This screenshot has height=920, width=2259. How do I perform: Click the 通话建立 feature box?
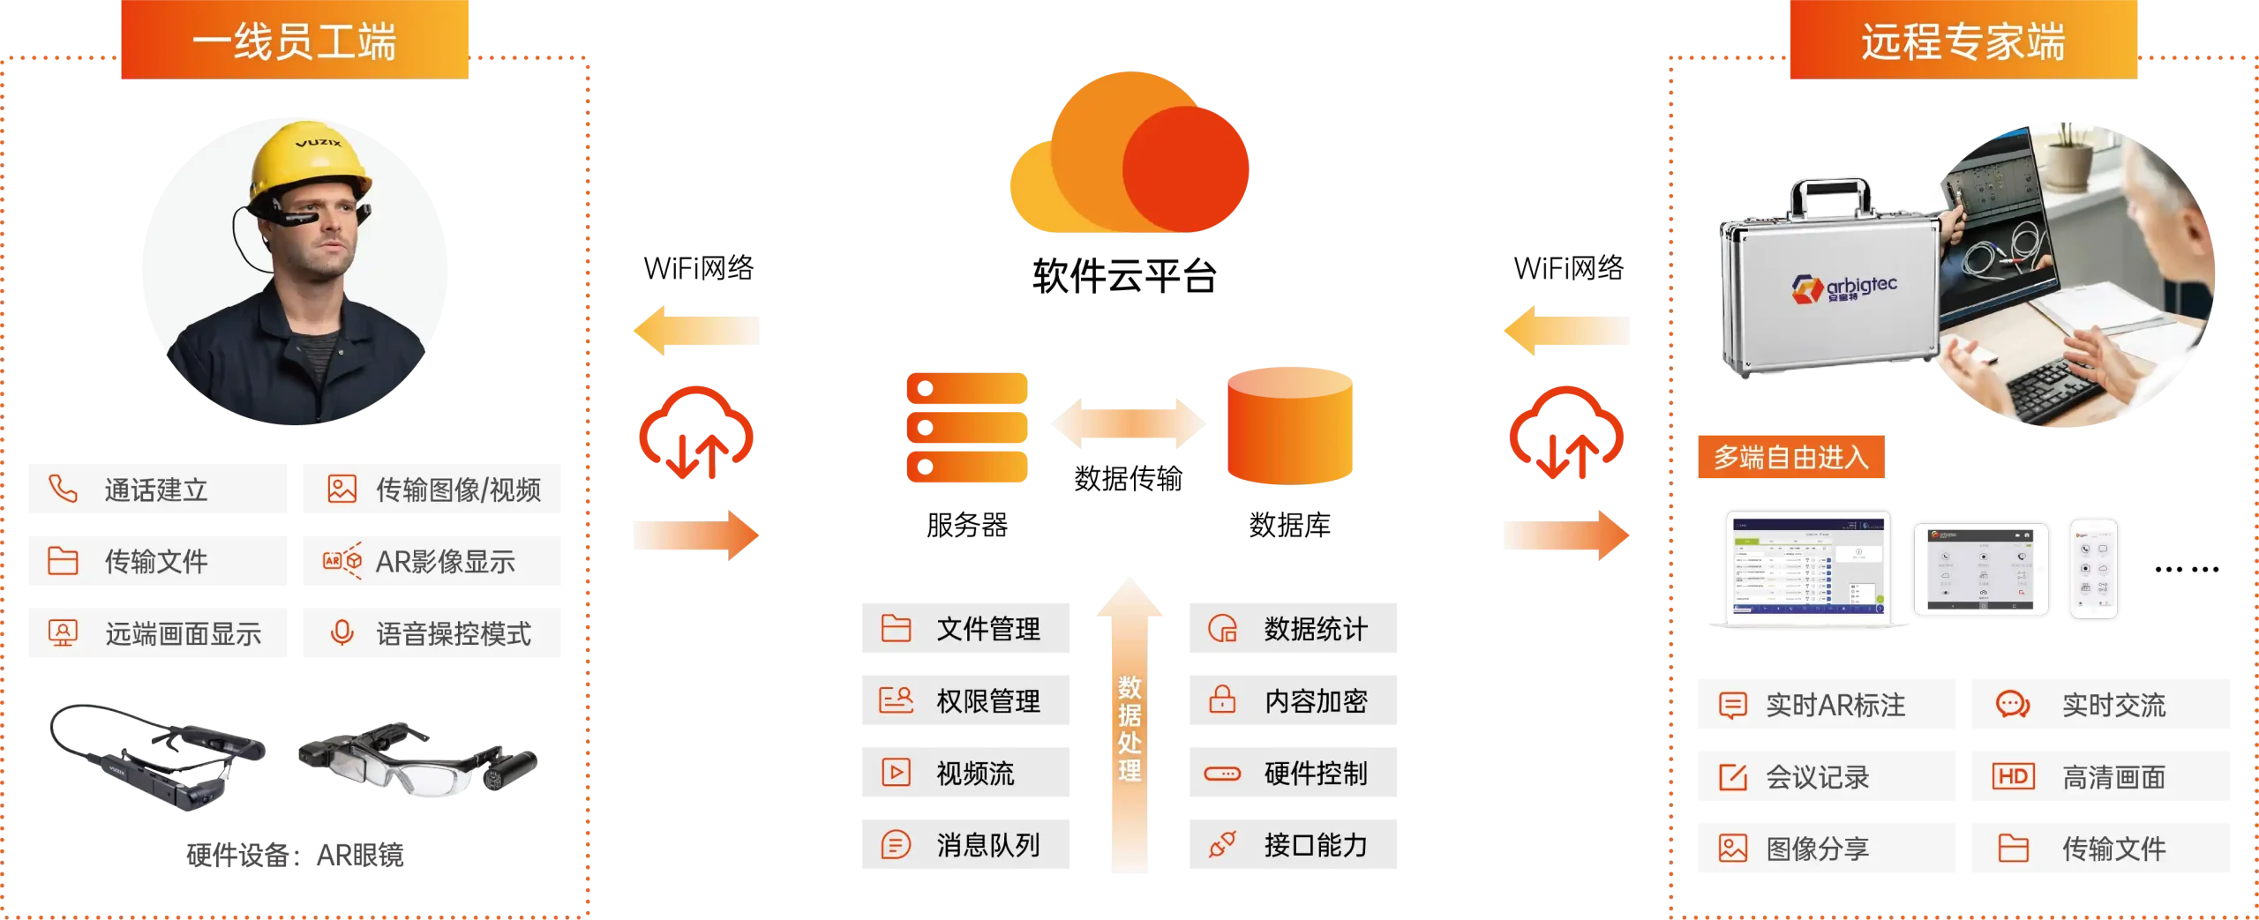[x=158, y=488]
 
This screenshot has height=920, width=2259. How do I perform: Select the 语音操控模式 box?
[x=431, y=634]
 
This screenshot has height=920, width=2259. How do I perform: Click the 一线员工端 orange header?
[x=296, y=42]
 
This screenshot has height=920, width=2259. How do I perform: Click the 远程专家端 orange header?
[x=1963, y=42]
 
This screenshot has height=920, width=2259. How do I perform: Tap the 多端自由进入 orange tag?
[x=1791, y=456]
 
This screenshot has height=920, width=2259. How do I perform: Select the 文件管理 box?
[x=966, y=629]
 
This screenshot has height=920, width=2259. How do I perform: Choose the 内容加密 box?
[x=1291, y=700]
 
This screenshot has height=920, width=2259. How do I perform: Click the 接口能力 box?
[x=1291, y=846]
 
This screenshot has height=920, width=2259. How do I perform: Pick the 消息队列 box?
[x=966, y=846]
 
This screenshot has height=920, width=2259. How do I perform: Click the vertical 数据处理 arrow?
[x=1129, y=723]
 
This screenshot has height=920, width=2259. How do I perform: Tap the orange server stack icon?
[x=967, y=428]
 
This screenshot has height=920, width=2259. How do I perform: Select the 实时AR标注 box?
[x=1827, y=706]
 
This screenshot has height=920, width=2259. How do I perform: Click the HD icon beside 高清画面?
[x=2013, y=777]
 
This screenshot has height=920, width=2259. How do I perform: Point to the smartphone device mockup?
[x=2094, y=568]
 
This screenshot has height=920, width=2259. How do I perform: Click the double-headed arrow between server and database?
[x=1129, y=423]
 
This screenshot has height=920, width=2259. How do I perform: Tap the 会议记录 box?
[x=1827, y=777]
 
